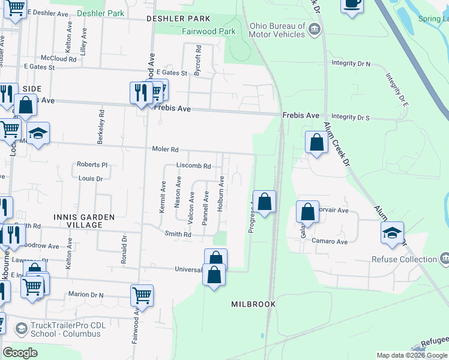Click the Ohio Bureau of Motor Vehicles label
[277, 30]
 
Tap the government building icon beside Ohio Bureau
[313, 29]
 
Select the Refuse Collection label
[404, 259]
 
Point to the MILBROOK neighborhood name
[253, 304]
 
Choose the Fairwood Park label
[208, 31]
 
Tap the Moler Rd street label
[165, 149]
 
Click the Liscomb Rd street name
[193, 166]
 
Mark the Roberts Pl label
[91, 165]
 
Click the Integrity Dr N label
[351, 63]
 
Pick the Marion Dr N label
[85, 295]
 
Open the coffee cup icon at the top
[352, 4]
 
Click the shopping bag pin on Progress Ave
[264, 202]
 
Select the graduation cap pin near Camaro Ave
[392, 233]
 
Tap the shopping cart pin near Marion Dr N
[142, 295]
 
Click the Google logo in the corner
[20, 353]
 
